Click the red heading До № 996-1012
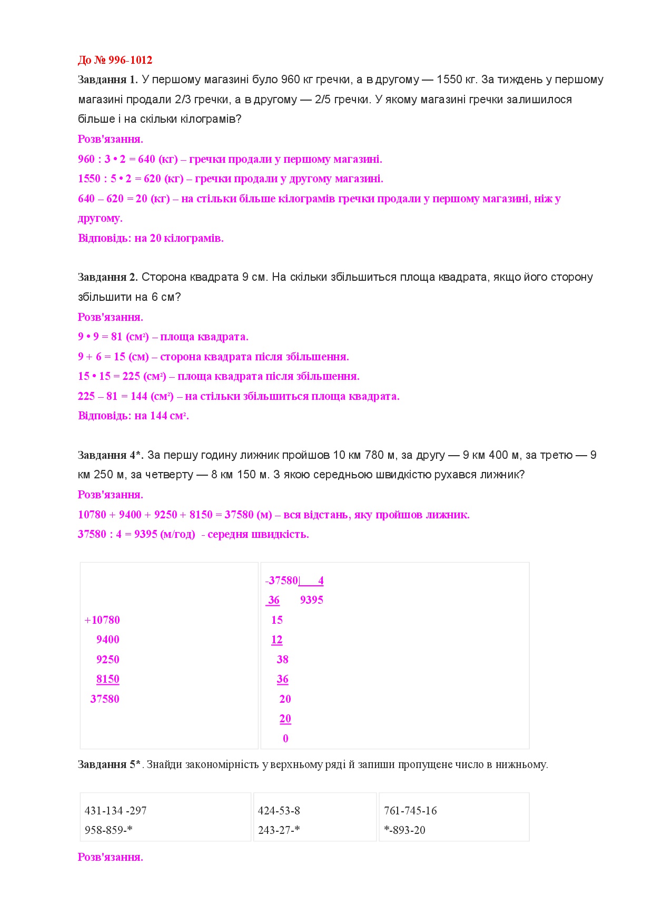tap(115, 60)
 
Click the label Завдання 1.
tap(107, 80)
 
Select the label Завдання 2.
tap(107, 277)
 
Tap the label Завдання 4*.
tap(111, 455)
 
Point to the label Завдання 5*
tap(109, 764)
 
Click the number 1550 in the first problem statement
tap(449, 80)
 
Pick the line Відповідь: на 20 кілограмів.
tap(151, 238)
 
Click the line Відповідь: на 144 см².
tap(133, 416)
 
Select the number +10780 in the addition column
tap(102, 620)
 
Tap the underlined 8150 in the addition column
tap(108, 679)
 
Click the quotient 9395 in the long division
tap(312, 600)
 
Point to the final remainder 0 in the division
tap(285, 739)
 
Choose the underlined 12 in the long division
tap(277, 640)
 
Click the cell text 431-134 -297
tap(115, 811)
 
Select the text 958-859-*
tap(108, 830)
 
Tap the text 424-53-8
tap(279, 811)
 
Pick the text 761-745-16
tap(410, 811)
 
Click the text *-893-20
tap(404, 830)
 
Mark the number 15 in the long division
tap(277, 620)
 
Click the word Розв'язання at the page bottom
tap(111, 857)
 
